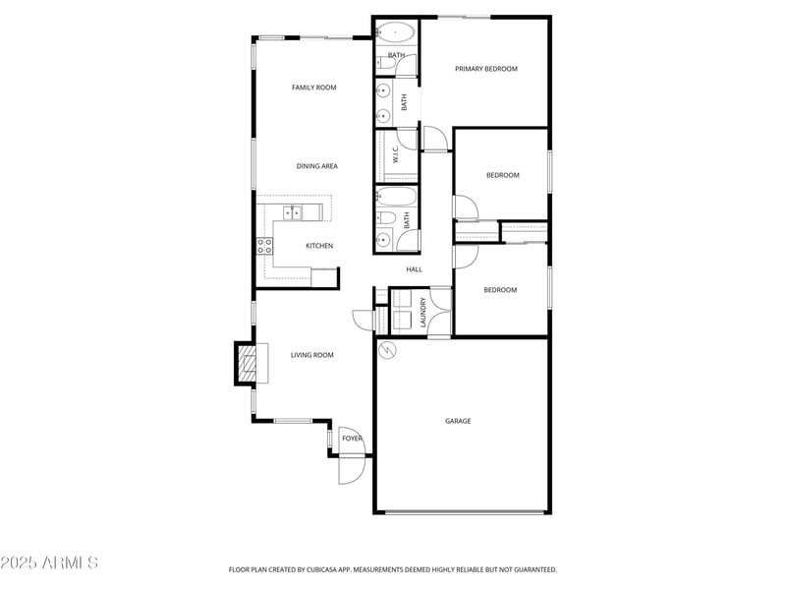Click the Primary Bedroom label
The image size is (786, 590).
[485, 69]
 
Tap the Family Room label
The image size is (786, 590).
[313, 88]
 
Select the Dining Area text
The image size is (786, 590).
[316, 166]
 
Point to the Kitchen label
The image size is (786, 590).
[319, 246]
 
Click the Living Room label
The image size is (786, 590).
[311, 355]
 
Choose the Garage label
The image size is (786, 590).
[458, 421]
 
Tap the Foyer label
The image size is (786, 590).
[352, 439]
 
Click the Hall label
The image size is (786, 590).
[414, 268]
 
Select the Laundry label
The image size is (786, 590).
[423, 312]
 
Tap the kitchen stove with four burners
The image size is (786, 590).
[265, 246]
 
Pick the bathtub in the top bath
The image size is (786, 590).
[396, 31]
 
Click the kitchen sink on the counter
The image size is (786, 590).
[293, 212]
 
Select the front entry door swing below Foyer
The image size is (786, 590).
[351, 471]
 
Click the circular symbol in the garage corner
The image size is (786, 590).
[385, 349]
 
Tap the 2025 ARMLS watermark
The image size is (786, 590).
[49, 563]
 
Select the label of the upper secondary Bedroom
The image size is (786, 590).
[502, 175]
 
